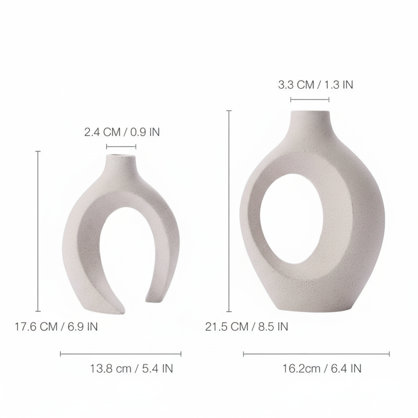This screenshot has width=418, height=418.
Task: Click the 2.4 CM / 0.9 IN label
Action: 122,132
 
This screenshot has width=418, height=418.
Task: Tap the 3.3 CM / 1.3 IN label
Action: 315,84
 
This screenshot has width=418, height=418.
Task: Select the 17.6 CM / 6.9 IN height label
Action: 56,327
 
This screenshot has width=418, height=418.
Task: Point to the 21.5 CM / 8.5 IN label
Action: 247,327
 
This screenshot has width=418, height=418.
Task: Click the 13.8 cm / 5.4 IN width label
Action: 131,368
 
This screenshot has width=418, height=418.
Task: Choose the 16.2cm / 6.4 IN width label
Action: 322,368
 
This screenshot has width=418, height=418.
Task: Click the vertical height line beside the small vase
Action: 38,231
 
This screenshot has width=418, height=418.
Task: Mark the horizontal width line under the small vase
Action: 120,354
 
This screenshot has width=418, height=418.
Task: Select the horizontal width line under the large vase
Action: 316,354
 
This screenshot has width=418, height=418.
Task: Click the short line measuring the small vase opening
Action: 121,147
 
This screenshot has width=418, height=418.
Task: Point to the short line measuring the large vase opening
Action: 309,99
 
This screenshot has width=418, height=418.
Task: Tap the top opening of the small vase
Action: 120,156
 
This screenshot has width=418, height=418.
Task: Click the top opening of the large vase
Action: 309,111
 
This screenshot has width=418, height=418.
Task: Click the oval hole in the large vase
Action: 291,218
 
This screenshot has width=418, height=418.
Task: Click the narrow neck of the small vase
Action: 120,167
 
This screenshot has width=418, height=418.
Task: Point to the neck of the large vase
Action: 309,125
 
